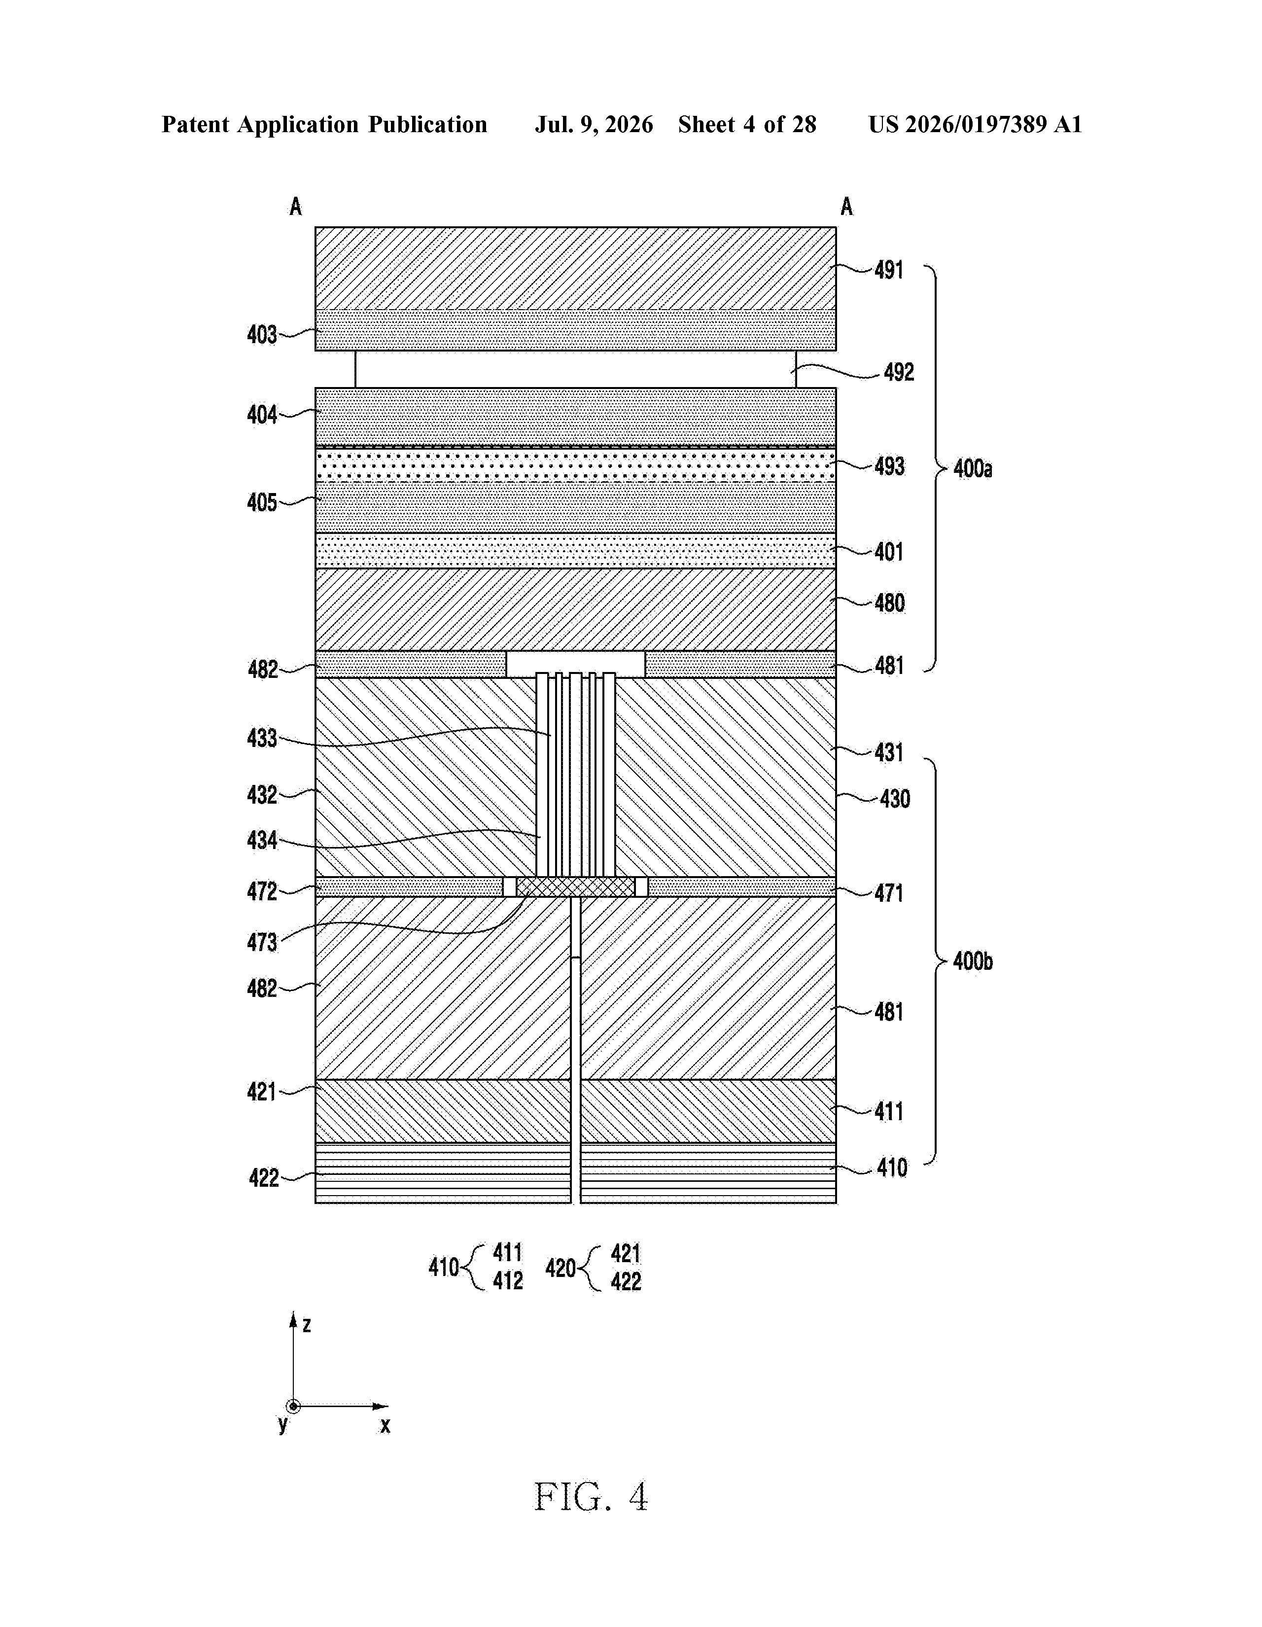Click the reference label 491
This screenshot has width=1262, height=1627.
[889, 270]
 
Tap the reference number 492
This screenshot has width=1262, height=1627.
[899, 372]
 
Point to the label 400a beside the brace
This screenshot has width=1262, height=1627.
[973, 468]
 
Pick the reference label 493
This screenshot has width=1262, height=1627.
[889, 466]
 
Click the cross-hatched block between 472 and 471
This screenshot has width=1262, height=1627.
[575, 886]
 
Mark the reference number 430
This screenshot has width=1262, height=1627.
[895, 799]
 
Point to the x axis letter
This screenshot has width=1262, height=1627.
[385, 1425]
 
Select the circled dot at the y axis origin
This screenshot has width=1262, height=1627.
[293, 1407]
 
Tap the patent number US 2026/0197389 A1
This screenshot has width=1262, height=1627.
[975, 124]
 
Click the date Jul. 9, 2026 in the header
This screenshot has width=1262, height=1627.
[594, 124]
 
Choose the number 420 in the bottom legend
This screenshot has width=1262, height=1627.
[560, 1268]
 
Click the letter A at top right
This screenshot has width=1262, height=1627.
[846, 207]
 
